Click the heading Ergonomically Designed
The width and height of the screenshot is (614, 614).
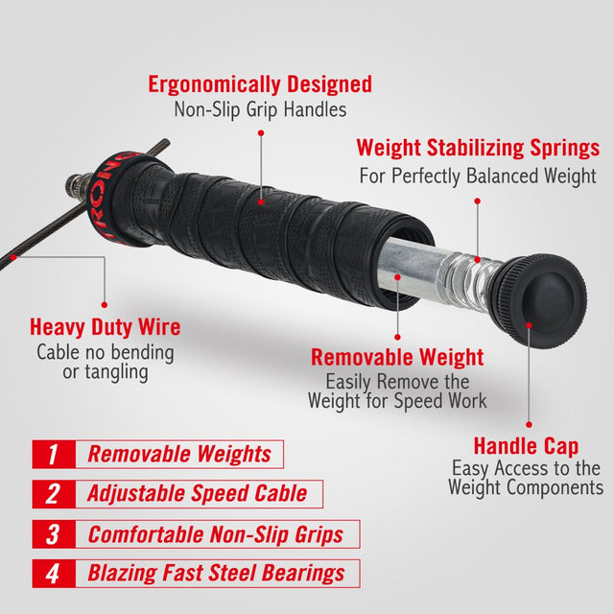[x=259, y=83]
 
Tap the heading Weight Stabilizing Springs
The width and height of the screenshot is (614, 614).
[x=478, y=149]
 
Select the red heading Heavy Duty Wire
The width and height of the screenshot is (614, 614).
[x=105, y=327]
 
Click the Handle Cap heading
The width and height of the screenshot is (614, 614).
[x=526, y=446]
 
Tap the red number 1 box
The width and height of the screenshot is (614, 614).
[x=52, y=454]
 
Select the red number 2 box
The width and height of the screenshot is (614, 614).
[x=52, y=493]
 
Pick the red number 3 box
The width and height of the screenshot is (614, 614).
[x=52, y=533]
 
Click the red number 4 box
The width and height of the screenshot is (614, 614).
[x=52, y=574]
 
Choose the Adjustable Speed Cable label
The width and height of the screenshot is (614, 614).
[x=197, y=493]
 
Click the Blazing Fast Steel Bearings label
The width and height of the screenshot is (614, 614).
[x=216, y=574]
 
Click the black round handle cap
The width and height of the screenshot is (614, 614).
[x=545, y=298]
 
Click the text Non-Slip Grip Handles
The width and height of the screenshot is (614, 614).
[x=259, y=109]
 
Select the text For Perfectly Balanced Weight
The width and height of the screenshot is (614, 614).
[x=478, y=176]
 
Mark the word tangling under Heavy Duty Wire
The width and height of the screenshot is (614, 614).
[x=106, y=372]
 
